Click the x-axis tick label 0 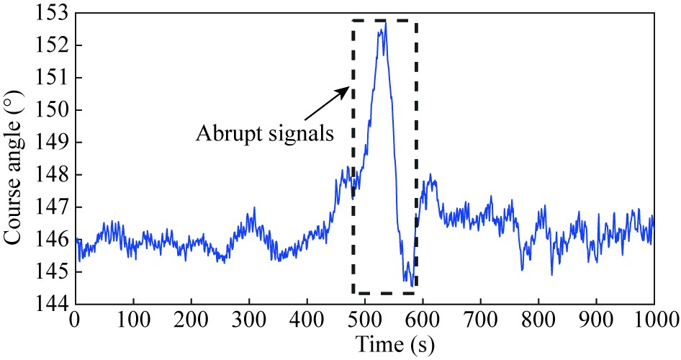[74, 319]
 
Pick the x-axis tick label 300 [248, 319]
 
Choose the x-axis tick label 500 [364, 319]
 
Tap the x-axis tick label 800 [538, 319]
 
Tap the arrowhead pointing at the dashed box [347, 89]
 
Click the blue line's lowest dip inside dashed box [412, 286]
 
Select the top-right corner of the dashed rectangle [417, 21]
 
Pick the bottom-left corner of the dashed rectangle [353, 293]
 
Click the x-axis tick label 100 [132, 319]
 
